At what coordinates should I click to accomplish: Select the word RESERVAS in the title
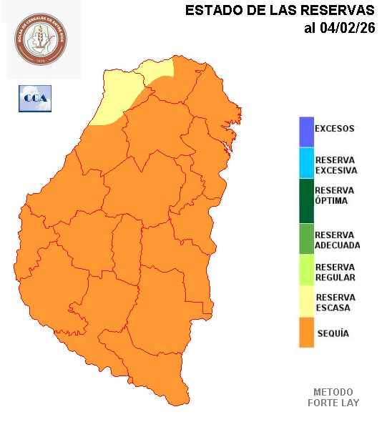(338, 11)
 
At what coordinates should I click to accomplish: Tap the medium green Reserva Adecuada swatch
(306, 240)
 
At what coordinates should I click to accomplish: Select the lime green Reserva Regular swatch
(306, 272)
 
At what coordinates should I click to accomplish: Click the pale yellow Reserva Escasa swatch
(306, 303)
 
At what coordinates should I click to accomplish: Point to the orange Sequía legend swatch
(306, 333)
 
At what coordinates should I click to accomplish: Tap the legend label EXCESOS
(334, 129)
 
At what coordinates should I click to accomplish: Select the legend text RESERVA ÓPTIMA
(334, 195)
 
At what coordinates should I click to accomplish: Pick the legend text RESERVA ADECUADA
(337, 240)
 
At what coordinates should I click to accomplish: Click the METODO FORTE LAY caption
(333, 397)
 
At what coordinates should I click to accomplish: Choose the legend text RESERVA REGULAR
(335, 272)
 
